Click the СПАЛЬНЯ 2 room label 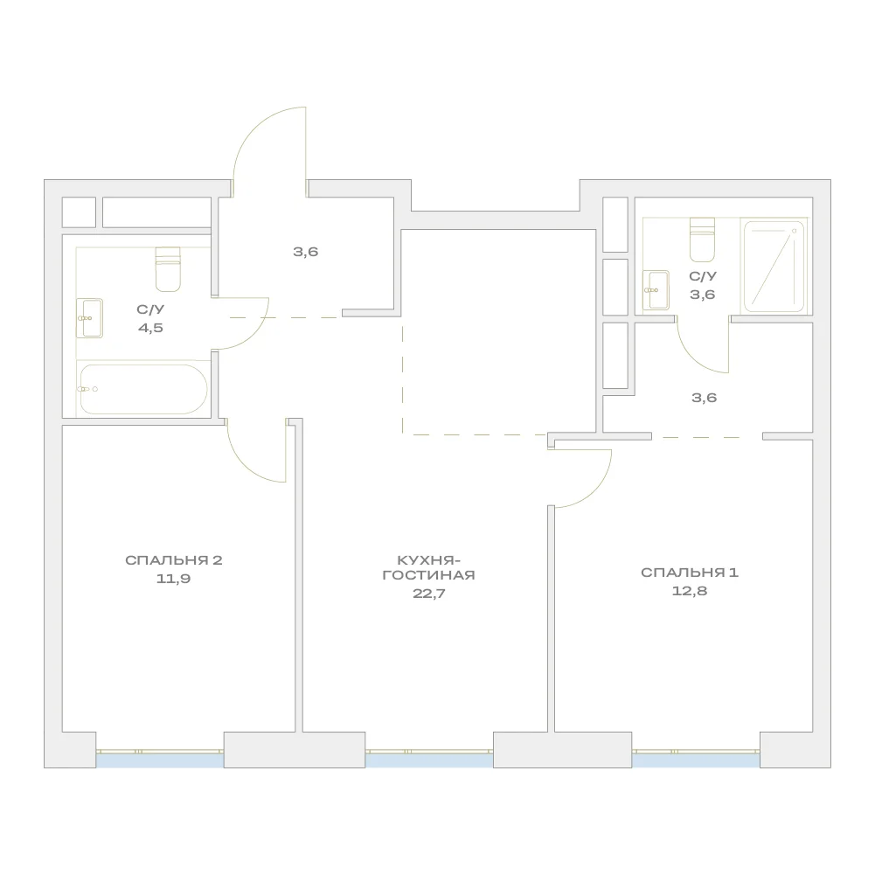[174, 559]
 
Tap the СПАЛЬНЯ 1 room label [689, 572]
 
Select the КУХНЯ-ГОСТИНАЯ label [428, 567]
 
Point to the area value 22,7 [428, 594]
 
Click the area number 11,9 [174, 579]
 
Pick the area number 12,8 [689, 591]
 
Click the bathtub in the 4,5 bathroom [143, 389]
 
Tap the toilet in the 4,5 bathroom [168, 269]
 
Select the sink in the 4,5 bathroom [89, 318]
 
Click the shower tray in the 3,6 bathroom [774, 267]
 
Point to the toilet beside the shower [702, 240]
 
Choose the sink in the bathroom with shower [656, 290]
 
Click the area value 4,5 [150, 328]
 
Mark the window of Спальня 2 [160, 759]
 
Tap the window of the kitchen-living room [429, 759]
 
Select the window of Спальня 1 [696, 759]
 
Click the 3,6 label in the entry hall [305, 252]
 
